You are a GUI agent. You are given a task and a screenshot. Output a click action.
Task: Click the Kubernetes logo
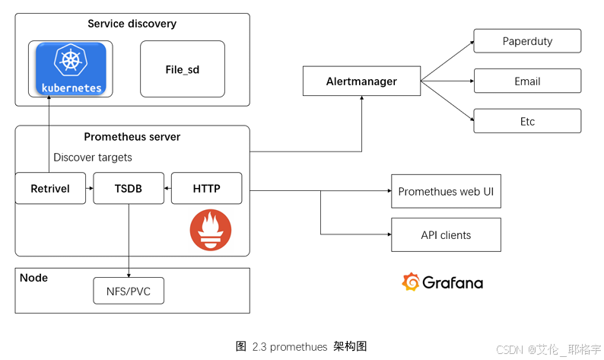pos(69,68)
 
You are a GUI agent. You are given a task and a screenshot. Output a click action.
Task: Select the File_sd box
pos(183,69)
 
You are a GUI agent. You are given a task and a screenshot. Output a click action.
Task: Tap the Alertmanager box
pos(361,81)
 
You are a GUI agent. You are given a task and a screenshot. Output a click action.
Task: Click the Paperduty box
pos(527,41)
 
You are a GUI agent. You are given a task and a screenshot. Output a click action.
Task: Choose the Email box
pos(527,81)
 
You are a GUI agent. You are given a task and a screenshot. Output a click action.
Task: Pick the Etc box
pos(527,122)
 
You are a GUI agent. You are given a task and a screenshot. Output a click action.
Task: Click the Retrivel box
pos(50,189)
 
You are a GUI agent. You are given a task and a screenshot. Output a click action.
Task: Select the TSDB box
pos(129,189)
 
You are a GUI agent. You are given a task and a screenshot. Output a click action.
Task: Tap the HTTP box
pos(207,189)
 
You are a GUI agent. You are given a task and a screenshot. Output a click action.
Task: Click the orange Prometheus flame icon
pos(210,229)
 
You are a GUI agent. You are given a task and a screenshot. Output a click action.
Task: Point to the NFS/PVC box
pos(129,290)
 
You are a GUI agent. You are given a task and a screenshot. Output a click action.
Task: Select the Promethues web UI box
pos(446,192)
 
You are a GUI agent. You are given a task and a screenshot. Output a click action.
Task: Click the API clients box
pos(446,235)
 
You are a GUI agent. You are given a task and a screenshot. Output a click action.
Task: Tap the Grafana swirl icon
pos(411,282)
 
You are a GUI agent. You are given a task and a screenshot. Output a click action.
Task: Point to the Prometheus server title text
pos(132,137)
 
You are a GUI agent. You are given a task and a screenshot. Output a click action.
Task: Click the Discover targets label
pos(93,158)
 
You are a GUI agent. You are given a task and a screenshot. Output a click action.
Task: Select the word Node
pos(34,278)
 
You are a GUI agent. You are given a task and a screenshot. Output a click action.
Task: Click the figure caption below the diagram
pos(301,346)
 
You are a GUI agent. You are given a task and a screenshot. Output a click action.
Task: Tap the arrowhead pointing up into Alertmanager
pos(361,100)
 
